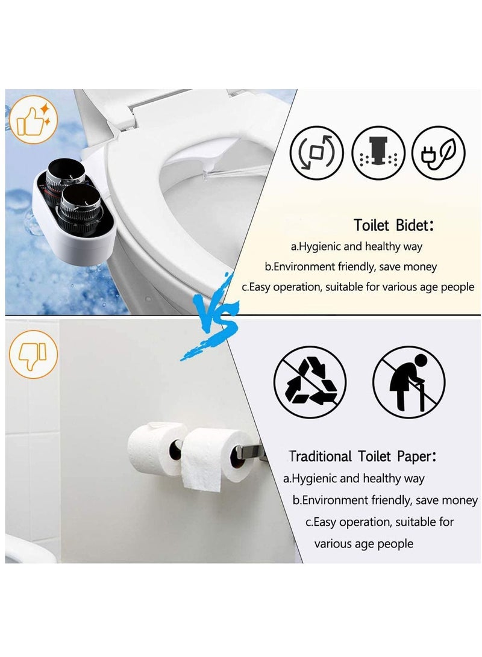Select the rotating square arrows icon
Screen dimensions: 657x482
317,153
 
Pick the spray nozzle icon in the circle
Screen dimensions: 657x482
378,153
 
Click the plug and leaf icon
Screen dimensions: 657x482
439,153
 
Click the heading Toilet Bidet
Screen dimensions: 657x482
393,225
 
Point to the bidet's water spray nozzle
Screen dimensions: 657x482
207,174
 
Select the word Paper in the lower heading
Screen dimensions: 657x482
412,456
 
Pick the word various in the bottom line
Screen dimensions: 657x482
334,544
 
